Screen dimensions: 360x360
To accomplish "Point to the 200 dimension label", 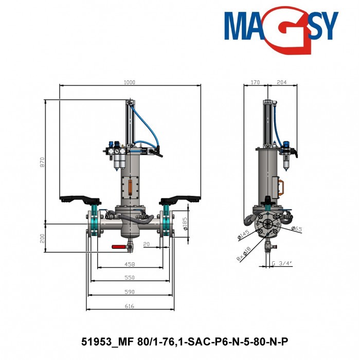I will [x=43, y=238].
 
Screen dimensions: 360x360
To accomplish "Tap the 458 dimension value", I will [x=130, y=264].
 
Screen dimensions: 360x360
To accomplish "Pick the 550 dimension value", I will [x=130, y=278].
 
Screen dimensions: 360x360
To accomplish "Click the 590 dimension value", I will [x=130, y=292].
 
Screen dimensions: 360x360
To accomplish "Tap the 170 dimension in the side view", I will [x=255, y=82].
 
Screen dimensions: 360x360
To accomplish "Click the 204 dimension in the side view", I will [x=282, y=82].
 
